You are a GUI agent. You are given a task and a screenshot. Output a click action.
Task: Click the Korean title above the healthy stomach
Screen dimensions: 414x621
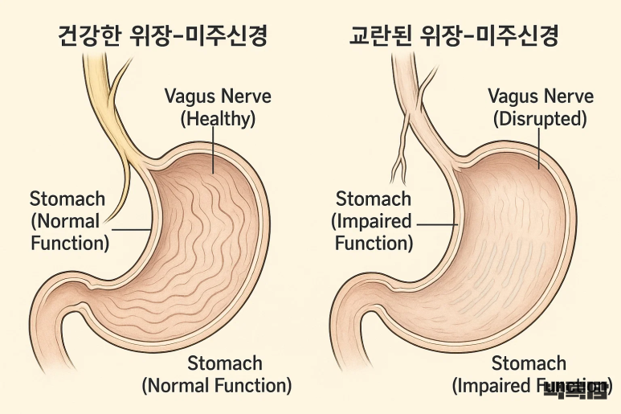click(x=163, y=35)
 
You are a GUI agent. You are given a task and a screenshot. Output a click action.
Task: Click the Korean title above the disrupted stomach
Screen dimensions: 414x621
click(x=454, y=35)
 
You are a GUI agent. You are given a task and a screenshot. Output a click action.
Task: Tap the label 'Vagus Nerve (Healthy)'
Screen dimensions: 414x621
click(x=218, y=108)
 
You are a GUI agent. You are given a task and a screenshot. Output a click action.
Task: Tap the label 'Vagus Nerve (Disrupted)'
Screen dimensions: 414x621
click(x=541, y=108)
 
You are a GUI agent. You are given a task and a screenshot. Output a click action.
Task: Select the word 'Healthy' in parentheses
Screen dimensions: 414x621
click(x=218, y=120)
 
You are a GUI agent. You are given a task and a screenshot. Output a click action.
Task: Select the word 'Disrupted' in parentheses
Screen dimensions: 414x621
click(x=541, y=120)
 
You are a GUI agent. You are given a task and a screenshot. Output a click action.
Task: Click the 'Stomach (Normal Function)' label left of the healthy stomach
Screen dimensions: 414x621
click(x=69, y=220)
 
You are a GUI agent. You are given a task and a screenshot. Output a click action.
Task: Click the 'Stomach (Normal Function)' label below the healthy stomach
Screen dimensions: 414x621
click(x=217, y=375)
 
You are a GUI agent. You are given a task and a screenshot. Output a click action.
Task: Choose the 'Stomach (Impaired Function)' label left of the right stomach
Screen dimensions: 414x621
click(x=374, y=220)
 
